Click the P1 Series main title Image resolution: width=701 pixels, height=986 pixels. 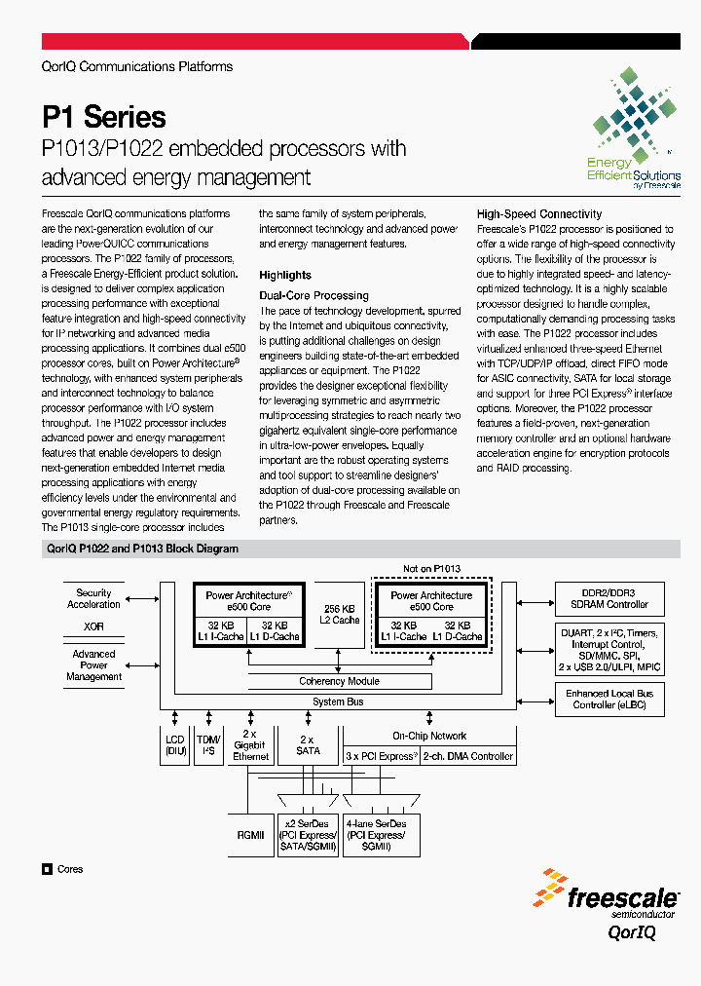click(104, 117)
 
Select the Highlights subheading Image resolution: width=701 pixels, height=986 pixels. click(285, 275)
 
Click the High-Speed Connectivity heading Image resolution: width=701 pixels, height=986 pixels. click(538, 213)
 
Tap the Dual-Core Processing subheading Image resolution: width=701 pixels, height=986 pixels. click(314, 295)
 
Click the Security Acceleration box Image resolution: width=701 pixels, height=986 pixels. click(93, 598)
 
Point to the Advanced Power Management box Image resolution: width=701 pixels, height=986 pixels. click(93, 665)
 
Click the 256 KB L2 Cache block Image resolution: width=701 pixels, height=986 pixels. click(341, 614)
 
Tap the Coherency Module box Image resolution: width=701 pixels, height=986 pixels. click(339, 681)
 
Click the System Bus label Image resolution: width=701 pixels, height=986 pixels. click(337, 702)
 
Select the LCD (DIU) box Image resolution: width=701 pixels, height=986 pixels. click(174, 745)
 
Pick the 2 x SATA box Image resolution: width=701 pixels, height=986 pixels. click(308, 745)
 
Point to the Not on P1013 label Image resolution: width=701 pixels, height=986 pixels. click(431, 569)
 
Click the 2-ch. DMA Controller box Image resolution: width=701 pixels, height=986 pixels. click(467, 756)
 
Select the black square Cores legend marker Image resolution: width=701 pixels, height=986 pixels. click(47, 869)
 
